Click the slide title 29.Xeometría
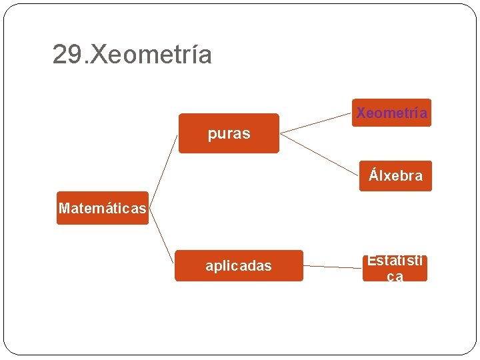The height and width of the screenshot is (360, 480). (132, 54)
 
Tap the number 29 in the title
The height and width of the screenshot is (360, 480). (69, 54)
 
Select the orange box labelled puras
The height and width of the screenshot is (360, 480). (229, 133)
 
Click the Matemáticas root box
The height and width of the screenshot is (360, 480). (102, 208)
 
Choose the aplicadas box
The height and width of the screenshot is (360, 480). (239, 265)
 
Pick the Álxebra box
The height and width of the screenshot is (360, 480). (395, 176)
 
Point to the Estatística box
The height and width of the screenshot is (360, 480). (395, 268)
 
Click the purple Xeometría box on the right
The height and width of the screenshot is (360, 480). (391, 113)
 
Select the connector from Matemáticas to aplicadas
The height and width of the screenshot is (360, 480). (161, 237)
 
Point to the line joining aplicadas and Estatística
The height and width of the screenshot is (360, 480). (333, 267)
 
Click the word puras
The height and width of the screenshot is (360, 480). (229, 133)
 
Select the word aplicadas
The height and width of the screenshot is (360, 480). (239, 266)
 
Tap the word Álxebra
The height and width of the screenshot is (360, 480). (396, 176)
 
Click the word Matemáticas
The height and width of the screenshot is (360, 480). (102, 208)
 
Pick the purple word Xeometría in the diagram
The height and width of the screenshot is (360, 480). (391, 113)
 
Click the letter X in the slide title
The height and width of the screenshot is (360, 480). (97, 54)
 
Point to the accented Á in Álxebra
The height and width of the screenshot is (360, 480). (373, 176)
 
